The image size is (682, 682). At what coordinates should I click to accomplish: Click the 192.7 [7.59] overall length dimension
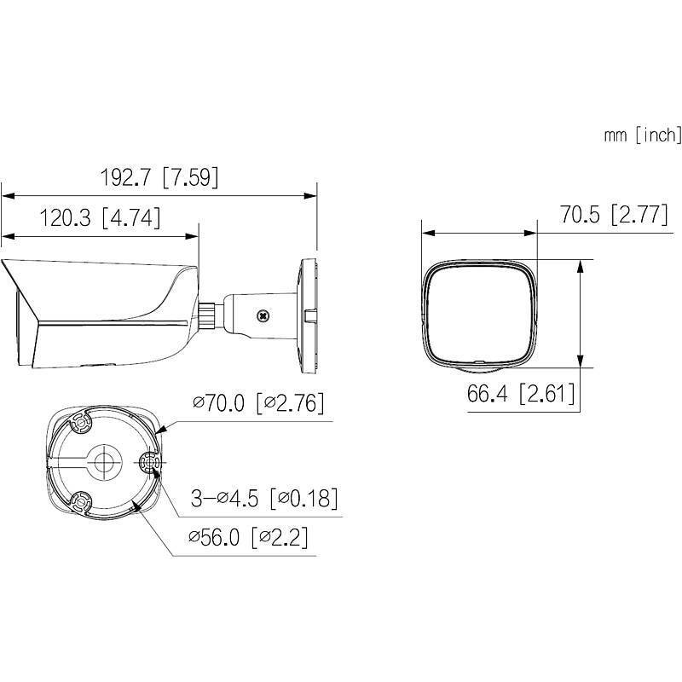pos(159,177)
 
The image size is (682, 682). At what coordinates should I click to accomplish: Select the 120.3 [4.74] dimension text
pos(100,218)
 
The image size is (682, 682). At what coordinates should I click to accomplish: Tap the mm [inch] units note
pos(642,134)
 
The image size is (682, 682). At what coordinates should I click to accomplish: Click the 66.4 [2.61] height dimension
pos(520,394)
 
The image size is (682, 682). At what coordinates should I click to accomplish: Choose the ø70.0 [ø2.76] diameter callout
pos(258,403)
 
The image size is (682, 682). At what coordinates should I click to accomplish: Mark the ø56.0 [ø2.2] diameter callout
pos(248,538)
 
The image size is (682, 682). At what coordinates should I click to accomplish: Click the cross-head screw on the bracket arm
pos(263,315)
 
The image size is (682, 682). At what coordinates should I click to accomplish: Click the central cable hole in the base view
pos(104,462)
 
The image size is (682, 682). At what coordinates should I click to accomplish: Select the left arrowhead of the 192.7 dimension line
pos(5,195)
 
